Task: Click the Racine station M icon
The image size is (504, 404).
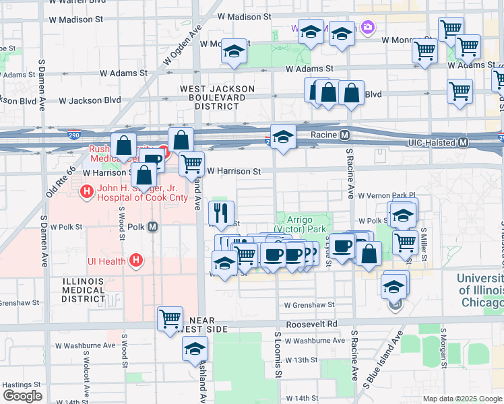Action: [x=344, y=135]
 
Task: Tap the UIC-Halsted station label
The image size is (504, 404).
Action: [x=433, y=143]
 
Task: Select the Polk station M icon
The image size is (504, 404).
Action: [x=153, y=227]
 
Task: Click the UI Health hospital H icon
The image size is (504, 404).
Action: [x=136, y=260]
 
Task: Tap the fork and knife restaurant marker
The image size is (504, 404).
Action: [x=222, y=213]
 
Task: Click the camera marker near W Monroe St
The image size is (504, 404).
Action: [x=368, y=28]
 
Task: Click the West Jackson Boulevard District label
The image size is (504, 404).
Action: [x=217, y=98]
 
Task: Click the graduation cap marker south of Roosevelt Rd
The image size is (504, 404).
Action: [x=195, y=349]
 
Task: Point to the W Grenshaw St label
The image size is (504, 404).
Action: [x=309, y=305]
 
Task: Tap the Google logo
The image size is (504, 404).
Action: [x=22, y=395]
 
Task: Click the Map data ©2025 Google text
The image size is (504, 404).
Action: [x=462, y=399]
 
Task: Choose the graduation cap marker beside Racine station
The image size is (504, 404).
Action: [x=284, y=137]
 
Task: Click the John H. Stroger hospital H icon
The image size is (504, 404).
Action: [x=87, y=193]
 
